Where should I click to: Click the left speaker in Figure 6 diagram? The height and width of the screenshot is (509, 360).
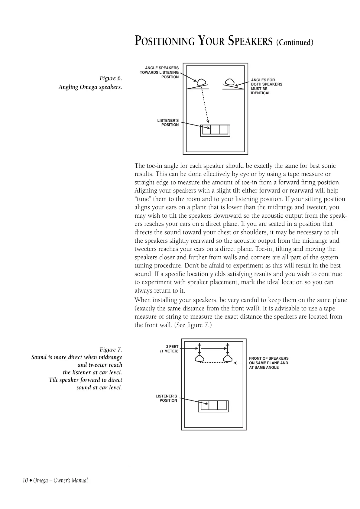tap(201, 82)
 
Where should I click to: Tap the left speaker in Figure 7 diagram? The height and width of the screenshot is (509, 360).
tap(199, 359)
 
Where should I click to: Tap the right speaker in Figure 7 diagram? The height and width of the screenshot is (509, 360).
tap(228, 359)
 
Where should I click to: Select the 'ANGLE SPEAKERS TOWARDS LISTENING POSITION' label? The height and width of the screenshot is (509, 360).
tap(159, 73)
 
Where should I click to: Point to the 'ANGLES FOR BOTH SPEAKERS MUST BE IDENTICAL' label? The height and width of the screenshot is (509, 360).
tap(266, 87)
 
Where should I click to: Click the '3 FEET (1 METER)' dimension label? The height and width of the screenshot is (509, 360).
tap(169, 349)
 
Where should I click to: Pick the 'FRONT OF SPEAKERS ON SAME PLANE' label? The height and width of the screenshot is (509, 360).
tap(268, 363)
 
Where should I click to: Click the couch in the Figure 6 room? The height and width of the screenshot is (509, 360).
tap(215, 130)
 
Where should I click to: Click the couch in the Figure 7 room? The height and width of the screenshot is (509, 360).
tap(213, 406)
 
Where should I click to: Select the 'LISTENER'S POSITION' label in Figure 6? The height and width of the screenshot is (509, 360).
tap(168, 123)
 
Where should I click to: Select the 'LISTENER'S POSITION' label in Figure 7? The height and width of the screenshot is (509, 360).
tap(167, 398)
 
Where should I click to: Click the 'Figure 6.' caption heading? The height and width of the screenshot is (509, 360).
tap(111, 79)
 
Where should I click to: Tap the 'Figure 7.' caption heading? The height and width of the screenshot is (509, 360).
tap(111, 350)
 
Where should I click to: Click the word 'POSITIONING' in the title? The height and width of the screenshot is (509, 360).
tap(164, 41)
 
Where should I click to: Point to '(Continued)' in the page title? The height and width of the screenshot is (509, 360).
tap(295, 42)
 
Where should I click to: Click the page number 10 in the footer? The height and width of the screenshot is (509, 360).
tap(25, 481)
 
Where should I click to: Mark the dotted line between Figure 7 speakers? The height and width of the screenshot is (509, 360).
tap(213, 362)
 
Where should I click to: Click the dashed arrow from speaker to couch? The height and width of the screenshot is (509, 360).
tap(205, 103)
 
